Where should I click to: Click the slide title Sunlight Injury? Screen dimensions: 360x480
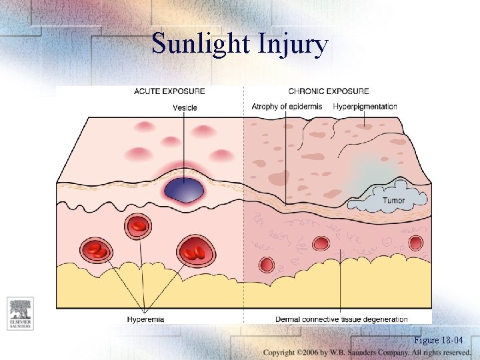[240, 44]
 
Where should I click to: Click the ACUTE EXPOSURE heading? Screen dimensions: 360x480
[169, 91]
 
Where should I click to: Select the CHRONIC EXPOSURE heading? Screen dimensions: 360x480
[328, 91]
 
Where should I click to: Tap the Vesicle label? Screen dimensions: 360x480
[185, 107]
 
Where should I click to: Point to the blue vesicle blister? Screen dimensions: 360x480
[184, 189]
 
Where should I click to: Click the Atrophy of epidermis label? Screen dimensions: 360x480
[287, 107]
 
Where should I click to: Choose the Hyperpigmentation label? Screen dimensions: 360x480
[365, 107]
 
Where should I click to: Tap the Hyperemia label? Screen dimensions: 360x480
[145, 319]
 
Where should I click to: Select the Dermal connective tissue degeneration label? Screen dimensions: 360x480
[341, 319]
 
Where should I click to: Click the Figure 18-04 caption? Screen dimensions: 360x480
[438, 340]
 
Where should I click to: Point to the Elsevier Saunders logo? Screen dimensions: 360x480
[20, 313]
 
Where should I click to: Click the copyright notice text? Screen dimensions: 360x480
[367, 352]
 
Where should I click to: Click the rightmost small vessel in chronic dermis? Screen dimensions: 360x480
[415, 243]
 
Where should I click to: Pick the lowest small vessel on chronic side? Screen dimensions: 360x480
[267, 265]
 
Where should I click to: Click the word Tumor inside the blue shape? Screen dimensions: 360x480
[393, 200]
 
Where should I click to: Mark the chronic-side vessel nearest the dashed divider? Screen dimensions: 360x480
[267, 265]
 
